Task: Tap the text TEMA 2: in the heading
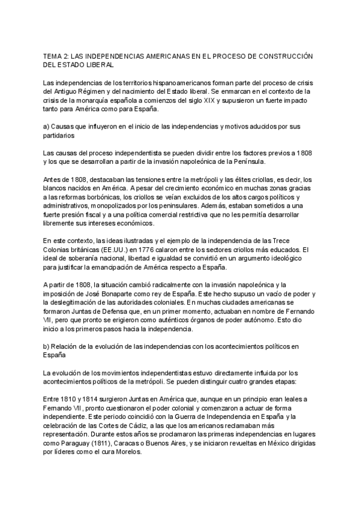coord(58,55)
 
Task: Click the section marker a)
coord(48,127)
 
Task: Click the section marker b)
coord(48,346)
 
